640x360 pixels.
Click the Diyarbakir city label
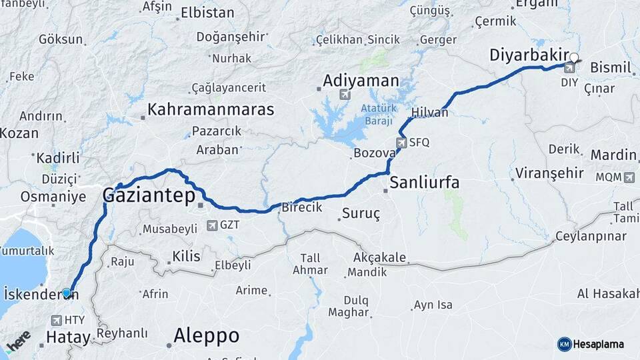tap(531, 55)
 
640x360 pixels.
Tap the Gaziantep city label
tap(149, 195)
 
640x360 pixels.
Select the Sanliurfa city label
tap(425, 182)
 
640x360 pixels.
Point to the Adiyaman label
tap(361, 81)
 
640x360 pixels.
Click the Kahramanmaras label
tap(211, 109)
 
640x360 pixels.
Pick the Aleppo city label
tap(207, 335)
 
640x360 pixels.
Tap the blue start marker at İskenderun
tap(66, 293)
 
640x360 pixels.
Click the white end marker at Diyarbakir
tap(575, 57)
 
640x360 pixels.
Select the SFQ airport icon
tap(401, 142)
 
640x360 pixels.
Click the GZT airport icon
tap(212, 225)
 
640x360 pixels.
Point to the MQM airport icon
tap(630, 177)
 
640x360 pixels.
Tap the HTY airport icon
tap(55, 320)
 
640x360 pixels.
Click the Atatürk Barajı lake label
tap(379, 114)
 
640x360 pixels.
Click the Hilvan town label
tap(430, 113)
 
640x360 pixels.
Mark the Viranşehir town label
tap(549, 174)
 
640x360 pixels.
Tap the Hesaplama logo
tap(591, 344)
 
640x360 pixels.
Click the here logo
tap(18, 341)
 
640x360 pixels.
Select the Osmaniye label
tap(53, 197)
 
